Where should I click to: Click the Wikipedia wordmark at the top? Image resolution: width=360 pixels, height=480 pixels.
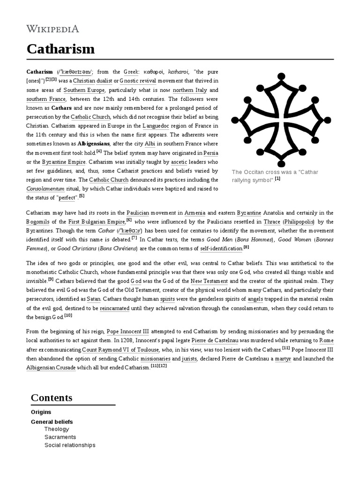pyautogui.click(x=52, y=29)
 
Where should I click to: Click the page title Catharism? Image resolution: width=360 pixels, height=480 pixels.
pyautogui.click(x=60, y=49)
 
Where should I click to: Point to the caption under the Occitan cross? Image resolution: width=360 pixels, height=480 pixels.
pyautogui.click(x=275, y=176)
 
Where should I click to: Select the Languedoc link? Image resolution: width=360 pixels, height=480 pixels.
pyautogui.click(x=174, y=126)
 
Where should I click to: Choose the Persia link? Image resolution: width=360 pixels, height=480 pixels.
pyautogui.click(x=210, y=153)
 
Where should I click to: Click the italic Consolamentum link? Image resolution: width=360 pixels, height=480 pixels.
pyautogui.click(x=45, y=188)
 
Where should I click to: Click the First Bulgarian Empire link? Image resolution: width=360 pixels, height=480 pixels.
pyautogui.click(x=97, y=222)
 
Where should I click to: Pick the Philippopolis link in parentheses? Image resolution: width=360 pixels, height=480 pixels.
pyautogui.click(x=301, y=222)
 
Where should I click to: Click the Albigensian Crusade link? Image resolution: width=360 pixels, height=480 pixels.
pyautogui.click(x=51, y=367)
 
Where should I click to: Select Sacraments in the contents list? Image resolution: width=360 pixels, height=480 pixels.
pyautogui.click(x=60, y=437)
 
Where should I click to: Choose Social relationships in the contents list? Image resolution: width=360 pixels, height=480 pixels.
pyautogui.click(x=69, y=445)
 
